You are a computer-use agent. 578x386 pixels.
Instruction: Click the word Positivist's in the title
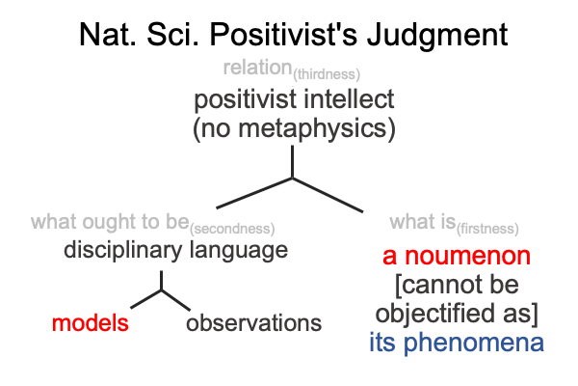pyautogui.click(x=283, y=35)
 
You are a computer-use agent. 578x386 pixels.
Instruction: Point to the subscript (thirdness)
pyautogui.click(x=327, y=74)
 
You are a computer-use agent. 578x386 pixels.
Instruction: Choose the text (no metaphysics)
pyautogui.click(x=294, y=128)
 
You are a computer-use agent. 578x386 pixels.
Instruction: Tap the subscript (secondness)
pyautogui.click(x=232, y=229)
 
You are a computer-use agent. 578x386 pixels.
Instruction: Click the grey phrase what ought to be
pyautogui.click(x=110, y=222)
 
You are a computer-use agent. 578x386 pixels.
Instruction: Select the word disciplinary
pyautogui.click(x=122, y=250)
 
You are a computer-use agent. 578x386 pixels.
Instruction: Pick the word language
pyautogui.click(x=239, y=251)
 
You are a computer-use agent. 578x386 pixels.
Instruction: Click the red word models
pyautogui.click(x=91, y=323)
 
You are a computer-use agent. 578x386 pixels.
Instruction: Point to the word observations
pyautogui.click(x=253, y=323)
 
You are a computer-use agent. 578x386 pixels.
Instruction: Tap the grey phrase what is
pyautogui.click(x=423, y=222)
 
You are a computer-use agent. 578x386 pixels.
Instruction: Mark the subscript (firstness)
pyautogui.click(x=487, y=229)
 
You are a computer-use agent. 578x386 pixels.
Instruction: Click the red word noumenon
pyautogui.click(x=468, y=256)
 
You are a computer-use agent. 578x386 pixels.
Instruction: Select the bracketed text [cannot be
pyautogui.click(x=457, y=285)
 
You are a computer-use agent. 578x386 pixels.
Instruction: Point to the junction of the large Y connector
pyautogui.click(x=292, y=179)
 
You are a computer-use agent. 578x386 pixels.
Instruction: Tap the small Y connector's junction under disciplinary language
pyautogui.click(x=162, y=290)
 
